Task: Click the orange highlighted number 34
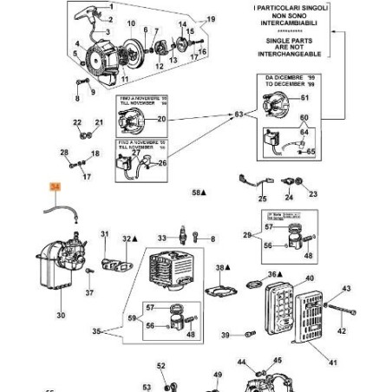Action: coord(56,186)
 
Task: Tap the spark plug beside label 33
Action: coord(183,237)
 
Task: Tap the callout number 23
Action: coord(313,194)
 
